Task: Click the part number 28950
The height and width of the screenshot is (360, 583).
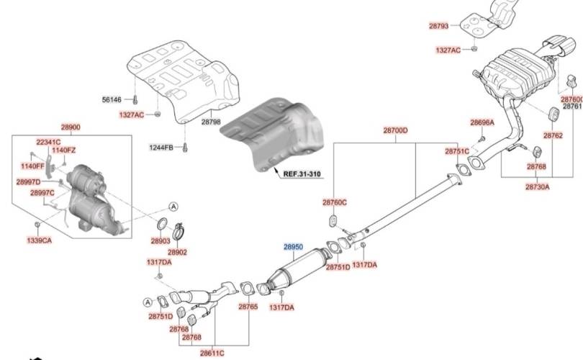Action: [x=293, y=246]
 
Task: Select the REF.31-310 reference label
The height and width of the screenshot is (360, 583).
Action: [x=302, y=174]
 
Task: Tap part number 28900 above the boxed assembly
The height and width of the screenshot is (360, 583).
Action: [x=71, y=127]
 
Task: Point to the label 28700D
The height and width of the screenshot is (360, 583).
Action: [x=395, y=131]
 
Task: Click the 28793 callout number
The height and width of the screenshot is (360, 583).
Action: [x=438, y=26]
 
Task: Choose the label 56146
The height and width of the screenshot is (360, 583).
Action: [x=113, y=99]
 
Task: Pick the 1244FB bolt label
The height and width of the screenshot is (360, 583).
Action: [x=161, y=148]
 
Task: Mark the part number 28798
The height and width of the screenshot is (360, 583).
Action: [x=211, y=123]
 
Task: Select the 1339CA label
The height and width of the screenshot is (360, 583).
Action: [x=40, y=240]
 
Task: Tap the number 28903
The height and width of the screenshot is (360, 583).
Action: [x=161, y=240]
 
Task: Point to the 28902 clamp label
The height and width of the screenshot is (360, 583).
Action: [x=177, y=253]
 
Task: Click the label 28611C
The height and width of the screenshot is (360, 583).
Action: [x=212, y=353]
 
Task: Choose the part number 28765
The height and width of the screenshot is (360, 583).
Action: [x=248, y=307]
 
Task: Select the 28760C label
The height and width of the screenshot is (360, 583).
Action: [x=335, y=202]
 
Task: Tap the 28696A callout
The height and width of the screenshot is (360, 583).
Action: [x=482, y=122]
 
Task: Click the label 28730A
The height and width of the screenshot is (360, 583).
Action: [x=537, y=186]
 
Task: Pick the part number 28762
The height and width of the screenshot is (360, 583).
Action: [x=553, y=135]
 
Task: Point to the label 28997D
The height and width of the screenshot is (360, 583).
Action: [x=29, y=182]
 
